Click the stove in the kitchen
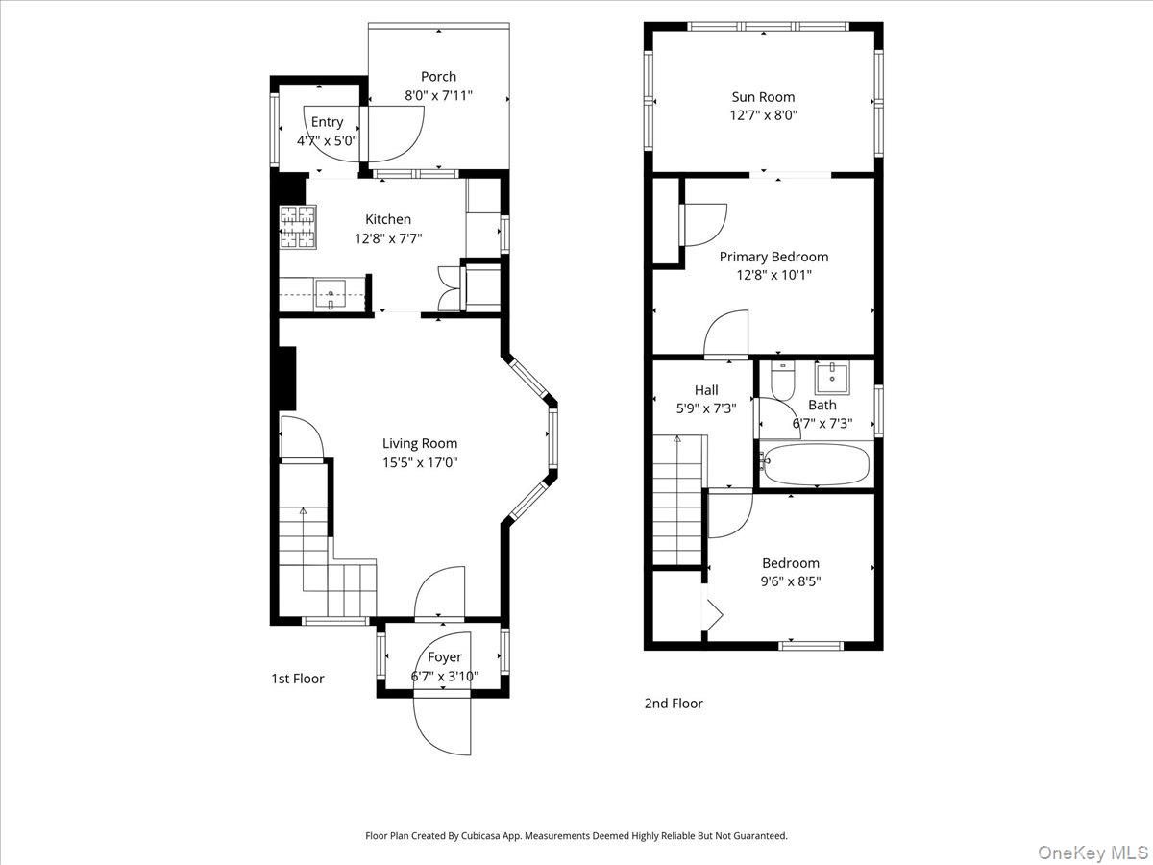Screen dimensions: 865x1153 click(x=298, y=227)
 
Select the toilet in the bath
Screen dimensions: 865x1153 click(x=782, y=382)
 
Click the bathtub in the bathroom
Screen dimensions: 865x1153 click(x=815, y=464)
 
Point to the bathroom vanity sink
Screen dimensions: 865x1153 click(x=830, y=379)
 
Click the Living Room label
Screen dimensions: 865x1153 click(x=420, y=443)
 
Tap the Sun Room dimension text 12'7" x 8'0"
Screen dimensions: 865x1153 click(x=764, y=115)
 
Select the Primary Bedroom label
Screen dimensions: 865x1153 click(x=773, y=257)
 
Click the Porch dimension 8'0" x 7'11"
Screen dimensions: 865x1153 click(x=438, y=96)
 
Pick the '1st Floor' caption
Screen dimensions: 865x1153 click(x=298, y=679)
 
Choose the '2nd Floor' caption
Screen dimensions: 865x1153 click(x=674, y=704)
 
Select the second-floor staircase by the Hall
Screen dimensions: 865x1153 click(x=679, y=500)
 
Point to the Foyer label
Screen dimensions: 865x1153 click(x=445, y=657)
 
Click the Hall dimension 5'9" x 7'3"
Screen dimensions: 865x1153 click(x=706, y=408)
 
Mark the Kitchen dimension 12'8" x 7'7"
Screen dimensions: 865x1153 click(x=388, y=238)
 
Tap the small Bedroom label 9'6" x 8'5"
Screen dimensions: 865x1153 click(x=792, y=581)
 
